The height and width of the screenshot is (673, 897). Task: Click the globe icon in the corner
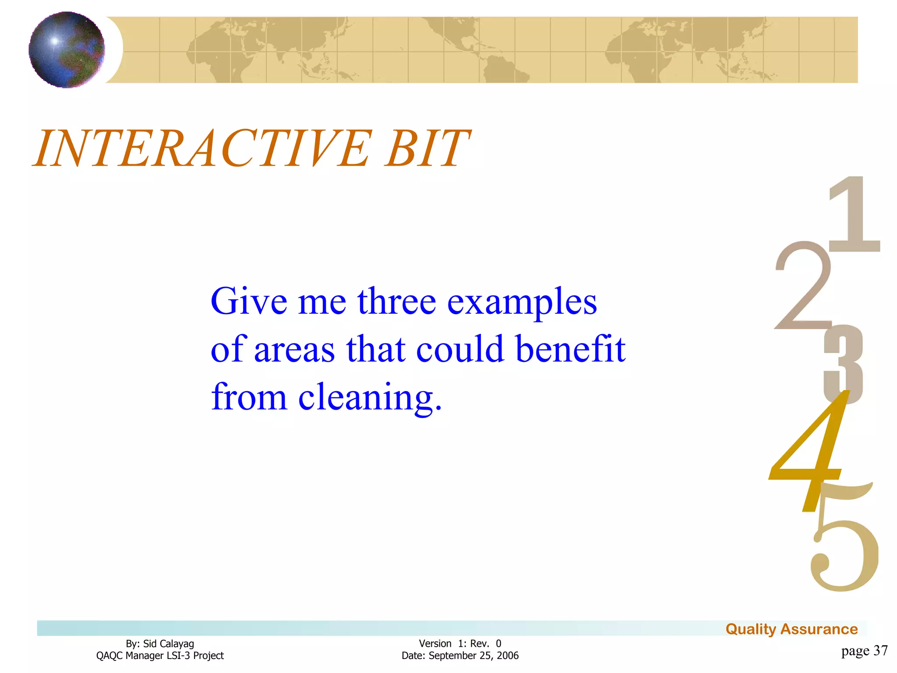click(67, 50)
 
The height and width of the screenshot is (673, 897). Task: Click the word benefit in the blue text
click(570, 350)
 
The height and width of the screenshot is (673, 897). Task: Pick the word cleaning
click(370, 398)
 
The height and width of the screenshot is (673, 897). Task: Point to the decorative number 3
click(843, 364)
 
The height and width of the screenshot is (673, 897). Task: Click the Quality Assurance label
click(791, 629)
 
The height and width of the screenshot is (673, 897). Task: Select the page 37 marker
click(864, 651)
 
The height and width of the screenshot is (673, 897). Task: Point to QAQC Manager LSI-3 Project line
click(160, 655)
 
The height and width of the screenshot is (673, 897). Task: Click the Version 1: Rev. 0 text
click(460, 644)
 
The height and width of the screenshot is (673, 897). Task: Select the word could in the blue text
click(460, 350)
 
